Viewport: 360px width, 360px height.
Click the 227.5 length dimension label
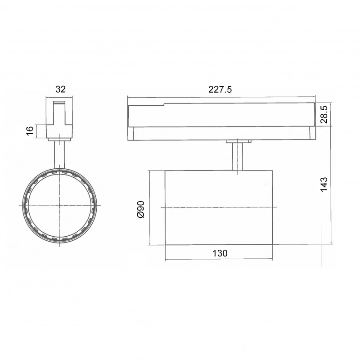click(220, 89)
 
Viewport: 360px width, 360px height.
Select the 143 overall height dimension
click(324, 184)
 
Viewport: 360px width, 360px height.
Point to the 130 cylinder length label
click(220, 253)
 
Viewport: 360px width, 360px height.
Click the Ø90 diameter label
click(140, 209)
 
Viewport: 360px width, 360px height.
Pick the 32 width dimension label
click(61, 89)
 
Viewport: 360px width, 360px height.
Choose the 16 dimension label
click(30, 131)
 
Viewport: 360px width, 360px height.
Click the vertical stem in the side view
click(238, 157)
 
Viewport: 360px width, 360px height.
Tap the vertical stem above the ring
click(59, 155)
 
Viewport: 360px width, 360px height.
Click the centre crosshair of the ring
click(60, 206)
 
